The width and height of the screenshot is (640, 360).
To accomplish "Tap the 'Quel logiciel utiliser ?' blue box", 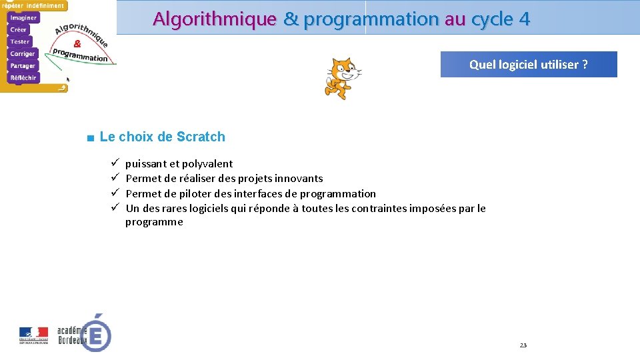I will pos(528,65).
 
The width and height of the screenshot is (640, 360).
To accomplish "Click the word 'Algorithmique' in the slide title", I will pos(214,19).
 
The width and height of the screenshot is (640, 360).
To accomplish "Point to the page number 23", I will pos(523,345).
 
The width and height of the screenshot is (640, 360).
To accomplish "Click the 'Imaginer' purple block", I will pos(24,18).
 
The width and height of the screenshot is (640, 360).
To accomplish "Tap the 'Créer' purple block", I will pos(19,30).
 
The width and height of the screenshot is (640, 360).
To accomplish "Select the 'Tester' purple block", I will pos(20,42).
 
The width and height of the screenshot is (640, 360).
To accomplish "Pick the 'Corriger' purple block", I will pos(23,54).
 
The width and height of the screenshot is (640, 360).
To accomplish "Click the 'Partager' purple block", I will pos(23,66).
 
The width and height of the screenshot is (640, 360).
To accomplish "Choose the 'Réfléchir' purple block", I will pos(23,78).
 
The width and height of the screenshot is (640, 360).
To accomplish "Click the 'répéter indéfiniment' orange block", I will pos(33,5).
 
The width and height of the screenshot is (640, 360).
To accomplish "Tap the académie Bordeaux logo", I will pos(84,332).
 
